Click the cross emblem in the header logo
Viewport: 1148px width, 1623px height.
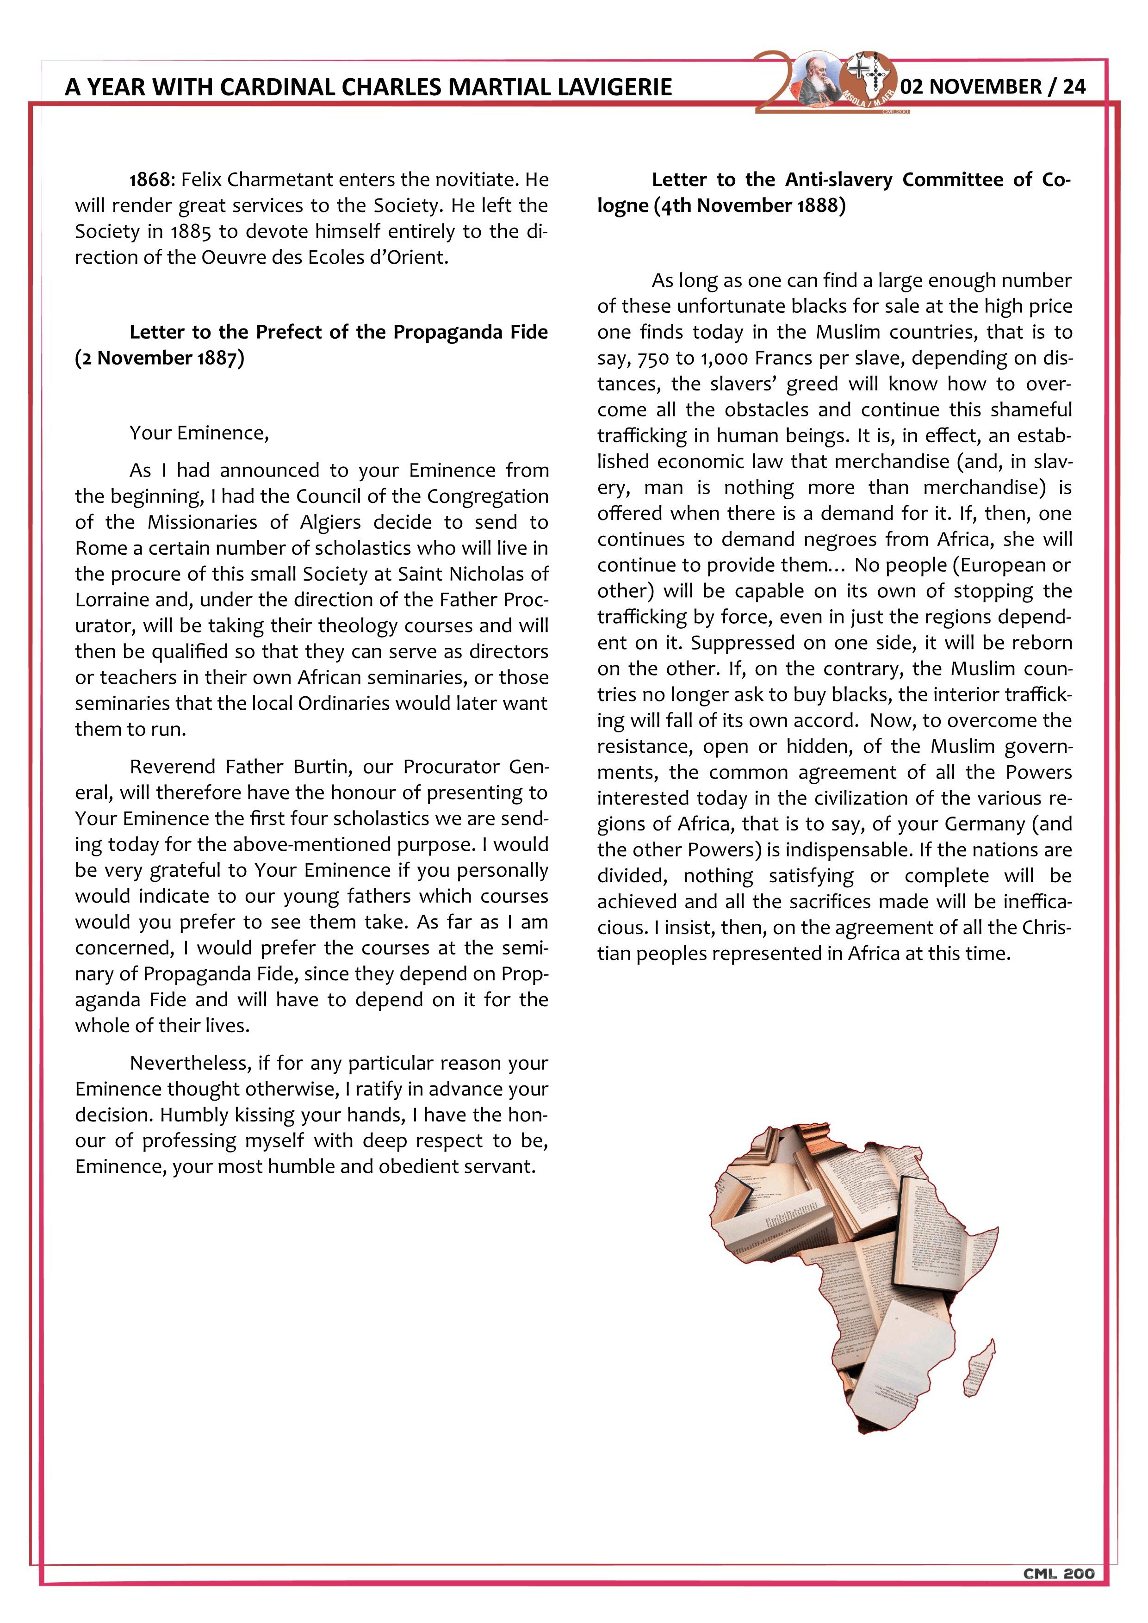[860, 70]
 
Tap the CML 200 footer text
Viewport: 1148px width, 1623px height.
[1058, 1573]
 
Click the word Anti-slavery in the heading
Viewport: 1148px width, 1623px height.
[838, 180]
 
